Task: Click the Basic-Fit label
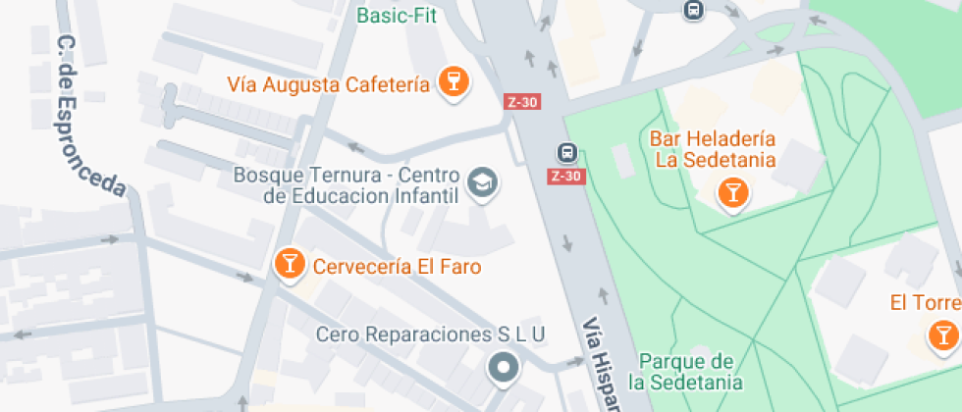tap(397, 16)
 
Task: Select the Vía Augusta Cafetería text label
tap(328, 84)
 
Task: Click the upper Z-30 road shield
tap(521, 101)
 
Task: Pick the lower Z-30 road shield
tap(565, 177)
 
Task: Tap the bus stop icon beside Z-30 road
tap(566, 152)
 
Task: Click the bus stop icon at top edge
tap(694, 10)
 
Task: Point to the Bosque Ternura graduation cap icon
tap(481, 182)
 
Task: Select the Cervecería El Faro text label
tap(397, 266)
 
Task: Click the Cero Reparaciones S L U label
tap(430, 335)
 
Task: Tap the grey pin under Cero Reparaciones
tap(504, 369)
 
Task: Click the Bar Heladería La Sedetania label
tap(714, 149)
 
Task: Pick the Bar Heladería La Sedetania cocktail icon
tap(732, 191)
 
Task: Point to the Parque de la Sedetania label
tap(686, 371)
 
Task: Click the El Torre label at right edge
tap(925, 302)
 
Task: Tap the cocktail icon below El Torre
tap(943, 336)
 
